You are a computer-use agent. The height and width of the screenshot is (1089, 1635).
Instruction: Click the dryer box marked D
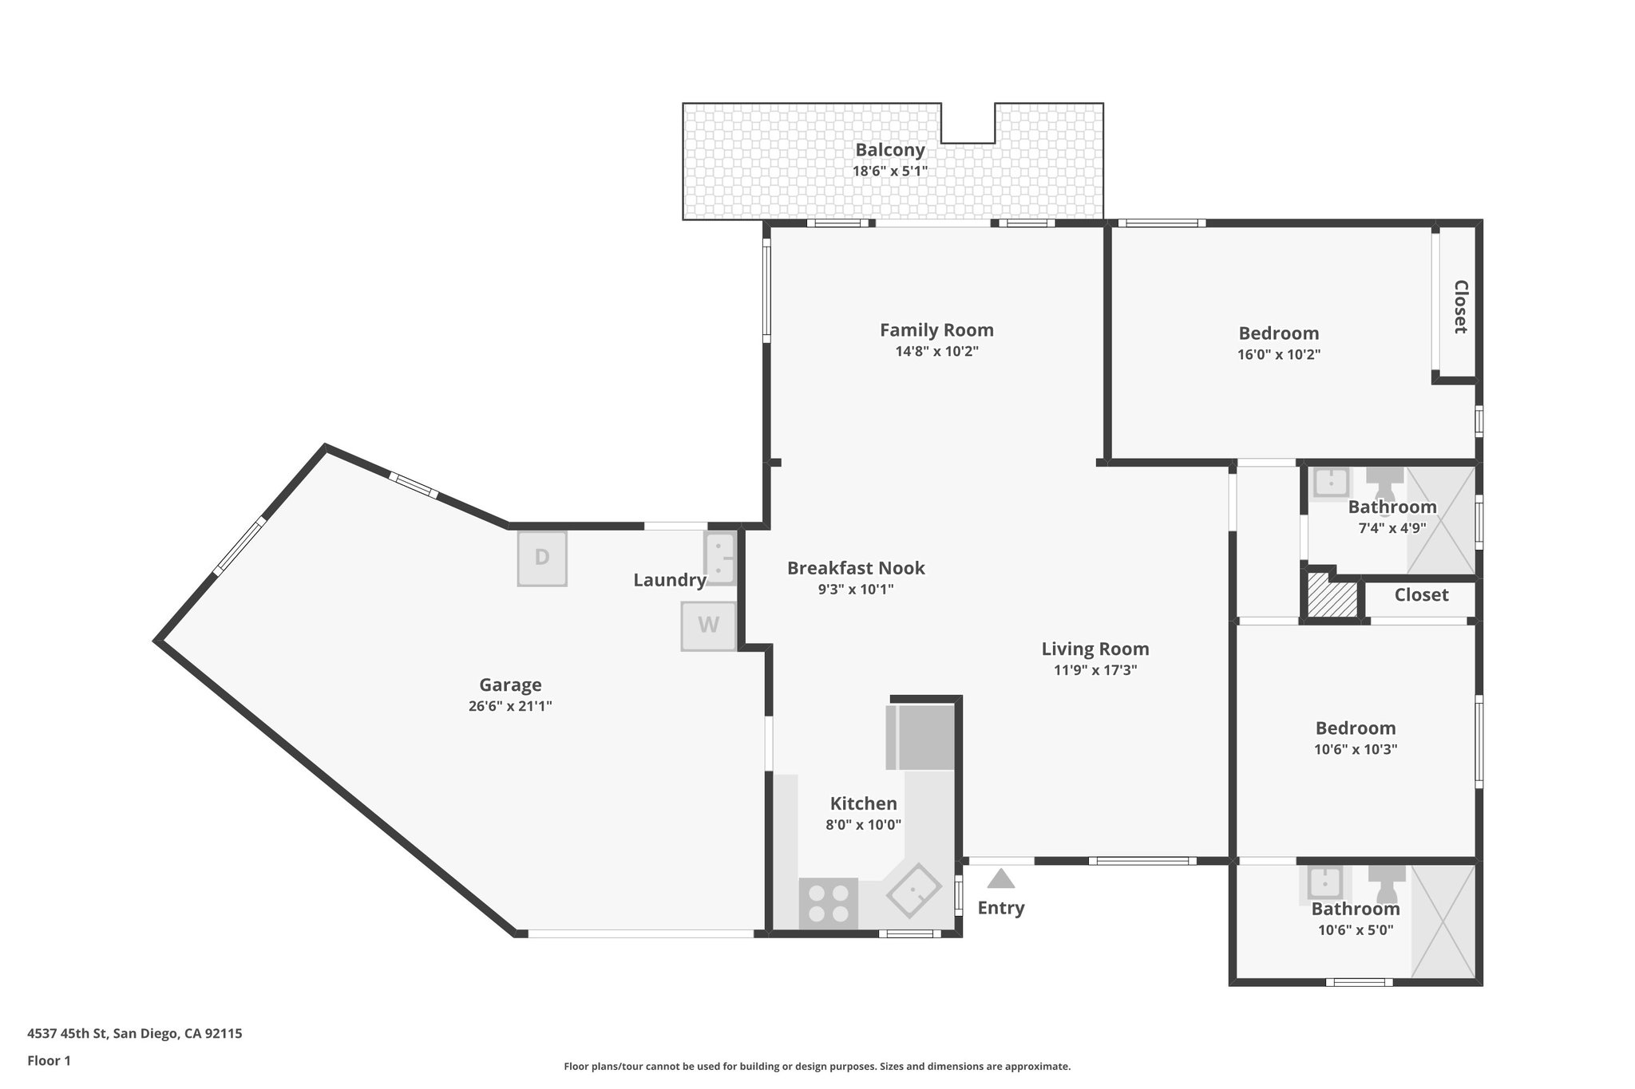click(x=542, y=558)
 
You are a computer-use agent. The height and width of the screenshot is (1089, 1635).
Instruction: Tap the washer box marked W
click(x=708, y=625)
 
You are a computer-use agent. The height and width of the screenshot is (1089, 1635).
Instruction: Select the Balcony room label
click(x=890, y=150)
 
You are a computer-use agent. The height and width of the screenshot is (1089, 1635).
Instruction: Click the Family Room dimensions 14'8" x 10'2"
click(x=936, y=351)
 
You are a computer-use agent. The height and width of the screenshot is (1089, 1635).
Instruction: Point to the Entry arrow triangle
click(x=1000, y=879)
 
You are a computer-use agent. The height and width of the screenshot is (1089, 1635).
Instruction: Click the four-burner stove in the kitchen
click(x=829, y=903)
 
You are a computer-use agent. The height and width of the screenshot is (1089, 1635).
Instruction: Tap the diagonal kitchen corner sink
click(x=915, y=890)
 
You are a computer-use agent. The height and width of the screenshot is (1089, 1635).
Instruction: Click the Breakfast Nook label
click(x=856, y=568)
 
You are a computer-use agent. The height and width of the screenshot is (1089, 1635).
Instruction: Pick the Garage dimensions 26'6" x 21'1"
click(x=510, y=706)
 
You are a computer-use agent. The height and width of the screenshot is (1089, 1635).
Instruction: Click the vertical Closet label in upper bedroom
click(x=1460, y=306)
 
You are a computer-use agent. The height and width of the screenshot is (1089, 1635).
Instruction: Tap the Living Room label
click(x=1095, y=649)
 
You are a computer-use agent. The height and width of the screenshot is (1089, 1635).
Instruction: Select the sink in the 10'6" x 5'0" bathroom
click(x=1329, y=884)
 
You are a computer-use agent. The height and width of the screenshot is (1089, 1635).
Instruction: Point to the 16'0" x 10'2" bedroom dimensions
click(x=1279, y=354)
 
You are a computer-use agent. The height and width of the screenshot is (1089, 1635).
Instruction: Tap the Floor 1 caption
click(x=49, y=1060)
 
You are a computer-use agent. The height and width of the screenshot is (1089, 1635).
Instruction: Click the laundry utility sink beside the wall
click(x=719, y=558)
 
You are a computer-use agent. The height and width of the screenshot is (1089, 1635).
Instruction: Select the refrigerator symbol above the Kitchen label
click(x=920, y=736)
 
